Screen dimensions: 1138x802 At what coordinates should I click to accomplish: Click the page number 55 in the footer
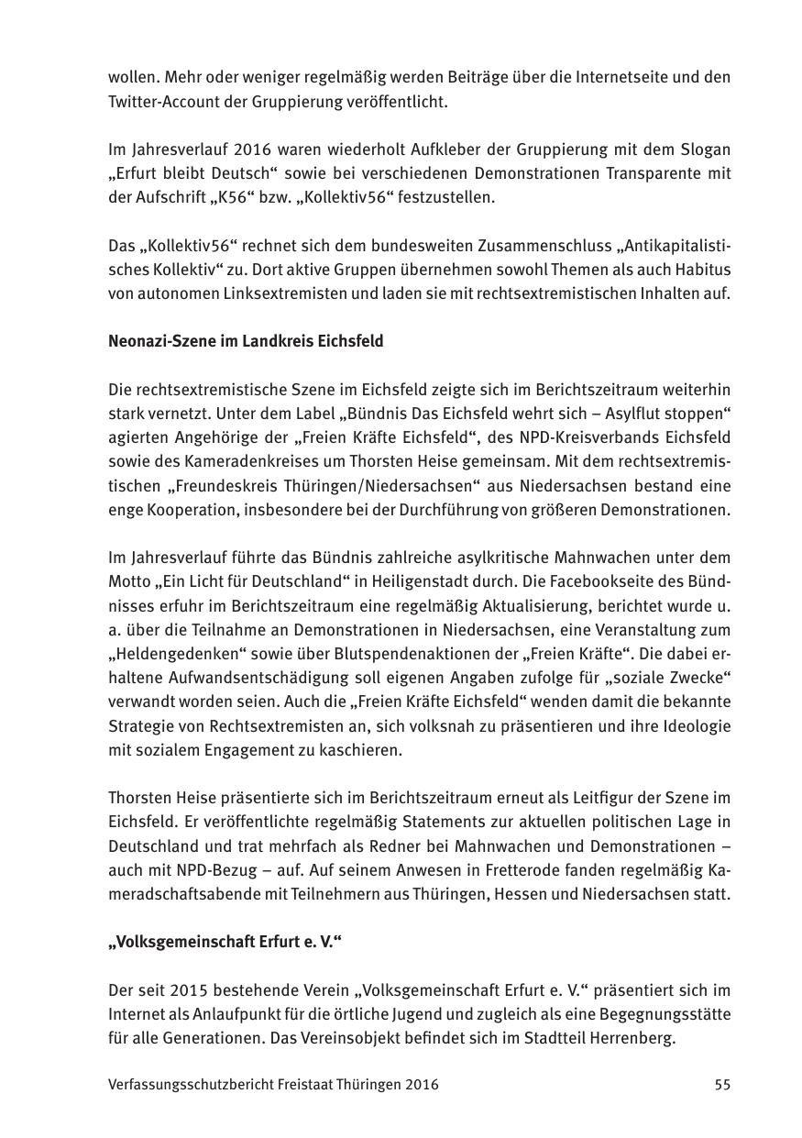click(722, 1084)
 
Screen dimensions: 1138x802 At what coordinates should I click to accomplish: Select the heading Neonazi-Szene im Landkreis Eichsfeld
click(246, 341)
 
